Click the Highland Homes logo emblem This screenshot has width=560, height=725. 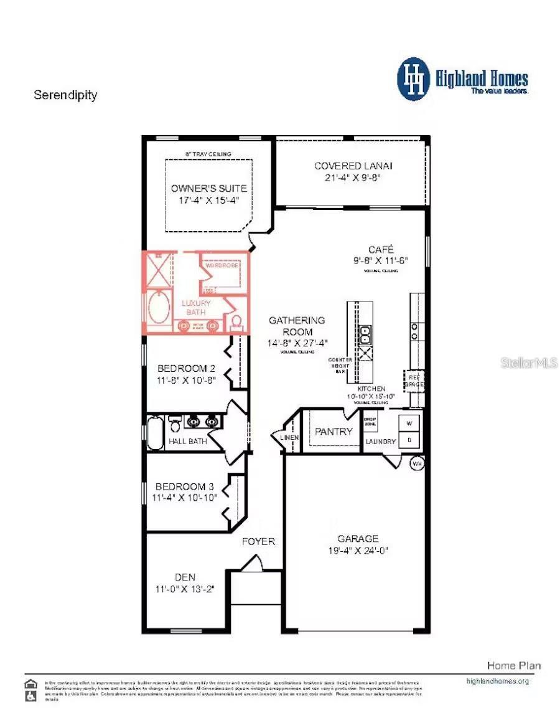tap(414, 79)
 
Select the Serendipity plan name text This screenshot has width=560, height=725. tap(65, 95)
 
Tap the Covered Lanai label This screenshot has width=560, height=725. tap(353, 166)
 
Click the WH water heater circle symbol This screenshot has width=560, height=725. tap(417, 463)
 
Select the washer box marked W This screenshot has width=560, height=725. tap(409, 424)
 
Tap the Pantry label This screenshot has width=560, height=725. tap(334, 432)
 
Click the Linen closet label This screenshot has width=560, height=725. tap(290, 438)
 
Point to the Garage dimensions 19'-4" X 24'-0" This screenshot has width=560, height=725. tap(358, 551)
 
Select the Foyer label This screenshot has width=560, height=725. tap(258, 541)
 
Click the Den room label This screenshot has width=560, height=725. tap(184, 577)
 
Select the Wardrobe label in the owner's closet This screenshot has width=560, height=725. tap(222, 265)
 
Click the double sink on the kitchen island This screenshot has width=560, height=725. tap(365, 334)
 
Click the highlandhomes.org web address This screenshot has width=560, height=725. tap(497, 681)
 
